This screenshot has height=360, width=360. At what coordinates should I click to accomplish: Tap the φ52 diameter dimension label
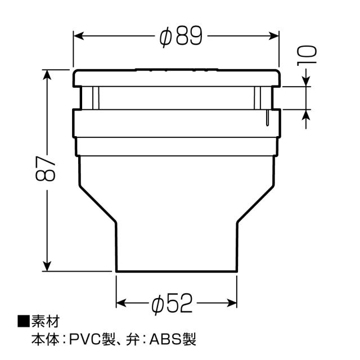(x=172, y=305)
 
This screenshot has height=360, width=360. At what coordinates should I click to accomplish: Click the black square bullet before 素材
(x=24, y=322)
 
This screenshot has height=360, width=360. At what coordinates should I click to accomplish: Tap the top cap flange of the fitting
(x=176, y=78)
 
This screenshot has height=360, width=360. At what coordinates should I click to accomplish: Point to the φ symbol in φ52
(x=158, y=305)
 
